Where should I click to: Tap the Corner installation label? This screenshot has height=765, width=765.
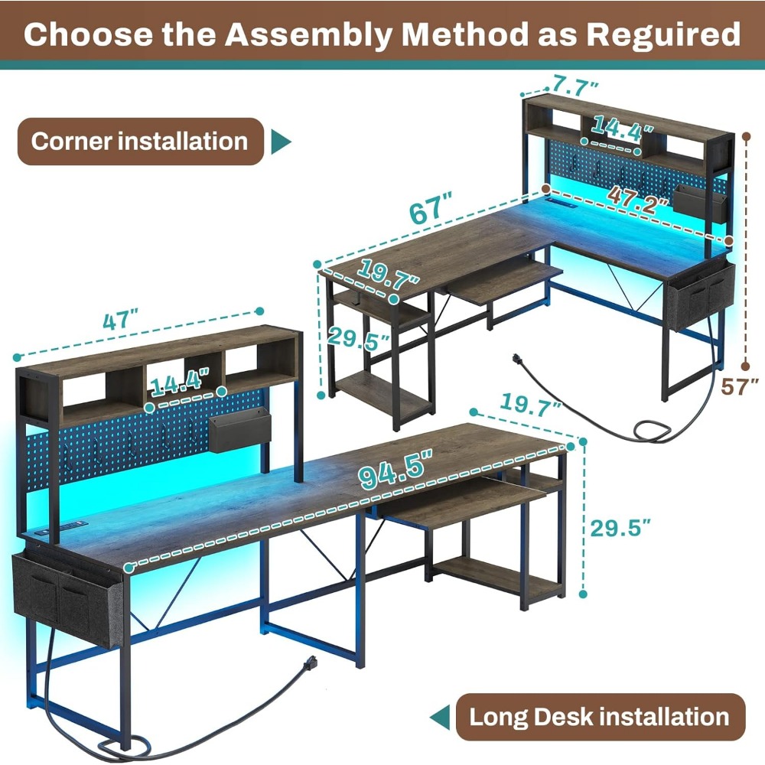coord(140,142)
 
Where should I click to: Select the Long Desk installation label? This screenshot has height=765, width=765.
coord(599,717)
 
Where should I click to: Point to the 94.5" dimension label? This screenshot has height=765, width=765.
coord(395,467)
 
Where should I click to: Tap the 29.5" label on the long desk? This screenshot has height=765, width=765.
coord(620,527)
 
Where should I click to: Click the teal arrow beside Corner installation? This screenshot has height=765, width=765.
coord(282,142)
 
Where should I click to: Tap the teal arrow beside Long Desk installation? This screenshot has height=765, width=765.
coord(440,717)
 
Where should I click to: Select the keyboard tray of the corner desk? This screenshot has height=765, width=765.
coord(505,278)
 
